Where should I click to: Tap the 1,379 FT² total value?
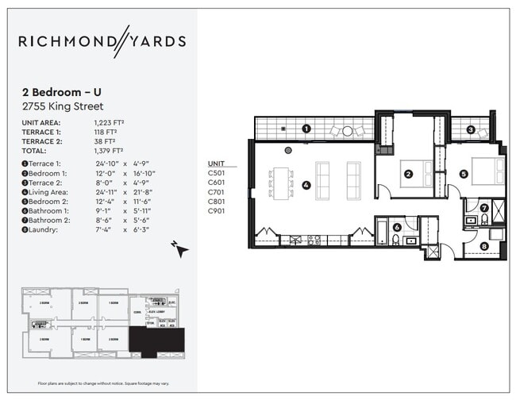pyautogui.click(x=109, y=150)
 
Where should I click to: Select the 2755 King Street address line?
pyautogui.click(x=63, y=106)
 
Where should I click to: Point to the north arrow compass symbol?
pyautogui.click(x=182, y=250)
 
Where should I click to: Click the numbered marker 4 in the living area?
pyautogui.click(x=306, y=186)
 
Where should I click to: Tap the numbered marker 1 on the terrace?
pyautogui.click(x=306, y=129)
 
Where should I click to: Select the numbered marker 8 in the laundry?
pyautogui.click(x=484, y=247)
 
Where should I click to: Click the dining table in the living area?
pyautogui.click(x=281, y=182)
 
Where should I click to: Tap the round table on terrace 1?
pyautogui.click(x=347, y=131)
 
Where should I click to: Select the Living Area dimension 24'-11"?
pyautogui.click(x=106, y=191)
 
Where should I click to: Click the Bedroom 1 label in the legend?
pyautogui.click(x=48, y=172)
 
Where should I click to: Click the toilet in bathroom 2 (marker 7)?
pyautogui.click(x=484, y=220)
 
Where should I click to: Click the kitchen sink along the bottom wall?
pyautogui.click(x=312, y=238)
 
